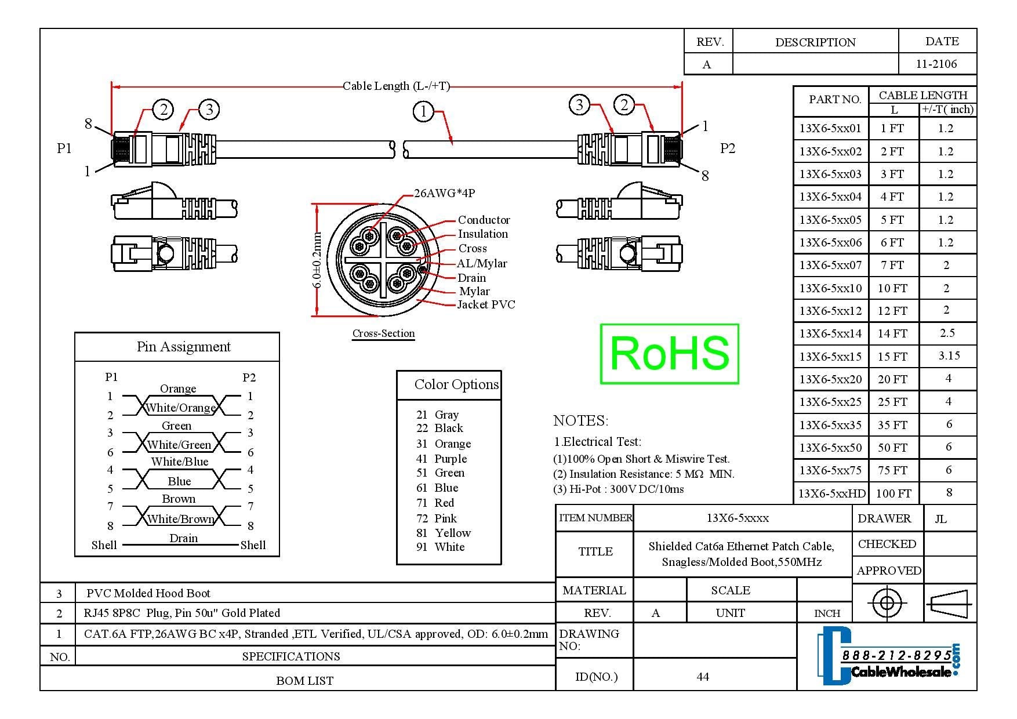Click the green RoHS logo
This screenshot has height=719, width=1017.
pos(669,354)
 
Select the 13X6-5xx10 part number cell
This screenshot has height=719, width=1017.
pos(830,288)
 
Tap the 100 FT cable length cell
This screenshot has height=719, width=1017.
pos(893,493)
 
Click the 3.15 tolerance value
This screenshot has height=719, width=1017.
pos(949,355)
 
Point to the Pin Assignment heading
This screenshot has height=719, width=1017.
pos(183,347)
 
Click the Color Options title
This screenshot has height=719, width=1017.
pos(456,384)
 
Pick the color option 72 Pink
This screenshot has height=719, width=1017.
pos(437,518)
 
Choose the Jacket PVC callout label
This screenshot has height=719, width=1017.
pos(486,304)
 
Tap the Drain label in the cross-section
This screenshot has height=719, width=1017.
pos(471,278)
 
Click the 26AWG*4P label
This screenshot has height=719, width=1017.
pos(445,193)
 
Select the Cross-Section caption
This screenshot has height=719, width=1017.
pos(383,333)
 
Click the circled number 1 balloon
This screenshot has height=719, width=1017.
pos(423,111)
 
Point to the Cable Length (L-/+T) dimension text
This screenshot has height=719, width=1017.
pos(396,86)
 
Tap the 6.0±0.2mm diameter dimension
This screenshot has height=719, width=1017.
pos(317,260)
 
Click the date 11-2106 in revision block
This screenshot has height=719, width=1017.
pos(936,64)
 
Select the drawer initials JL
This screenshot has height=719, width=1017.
pos(940,519)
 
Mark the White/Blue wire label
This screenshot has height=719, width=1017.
pos(179,462)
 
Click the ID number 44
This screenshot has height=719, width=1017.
pos(703,677)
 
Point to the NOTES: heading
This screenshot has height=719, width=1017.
pos(580,420)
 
